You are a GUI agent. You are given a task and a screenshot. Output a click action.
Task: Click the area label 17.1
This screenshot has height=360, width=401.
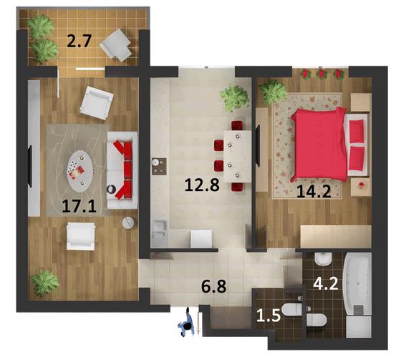(x=79, y=206)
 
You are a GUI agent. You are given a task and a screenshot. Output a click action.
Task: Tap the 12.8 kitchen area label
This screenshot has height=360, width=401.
(x=202, y=185)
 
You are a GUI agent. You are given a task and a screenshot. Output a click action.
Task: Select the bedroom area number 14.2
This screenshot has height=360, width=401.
(x=314, y=191)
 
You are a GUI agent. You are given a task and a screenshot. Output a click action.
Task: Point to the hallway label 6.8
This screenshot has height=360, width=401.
(x=214, y=286)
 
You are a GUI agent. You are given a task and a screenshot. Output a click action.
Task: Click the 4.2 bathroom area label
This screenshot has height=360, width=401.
(x=326, y=284)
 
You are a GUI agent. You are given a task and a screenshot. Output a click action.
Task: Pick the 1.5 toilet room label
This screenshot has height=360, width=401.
(x=269, y=316)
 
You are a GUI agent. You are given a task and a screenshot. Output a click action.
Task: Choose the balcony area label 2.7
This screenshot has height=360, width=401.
(x=79, y=42)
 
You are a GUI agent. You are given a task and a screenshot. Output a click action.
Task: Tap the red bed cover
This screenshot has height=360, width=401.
(x=319, y=145)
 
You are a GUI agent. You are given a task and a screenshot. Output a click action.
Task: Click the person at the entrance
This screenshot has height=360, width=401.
(x=186, y=323)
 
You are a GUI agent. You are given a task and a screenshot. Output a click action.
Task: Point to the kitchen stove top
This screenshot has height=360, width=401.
(x=159, y=166)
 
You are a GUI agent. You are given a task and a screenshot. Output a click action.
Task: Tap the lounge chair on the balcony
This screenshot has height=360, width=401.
(x=115, y=45)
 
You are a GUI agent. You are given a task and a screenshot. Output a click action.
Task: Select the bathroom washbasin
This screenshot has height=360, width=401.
(x=323, y=259)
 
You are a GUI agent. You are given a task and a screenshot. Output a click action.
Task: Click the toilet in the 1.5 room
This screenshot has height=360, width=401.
(x=291, y=310)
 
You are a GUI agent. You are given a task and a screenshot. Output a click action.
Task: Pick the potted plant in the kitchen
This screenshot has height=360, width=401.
(x=234, y=98)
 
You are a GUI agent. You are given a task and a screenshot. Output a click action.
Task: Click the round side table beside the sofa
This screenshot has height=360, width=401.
(x=128, y=223)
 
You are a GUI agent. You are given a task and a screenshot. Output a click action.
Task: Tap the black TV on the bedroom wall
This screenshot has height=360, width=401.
(x=259, y=145)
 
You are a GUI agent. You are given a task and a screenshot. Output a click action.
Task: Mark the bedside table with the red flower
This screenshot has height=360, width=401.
(x=361, y=187)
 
